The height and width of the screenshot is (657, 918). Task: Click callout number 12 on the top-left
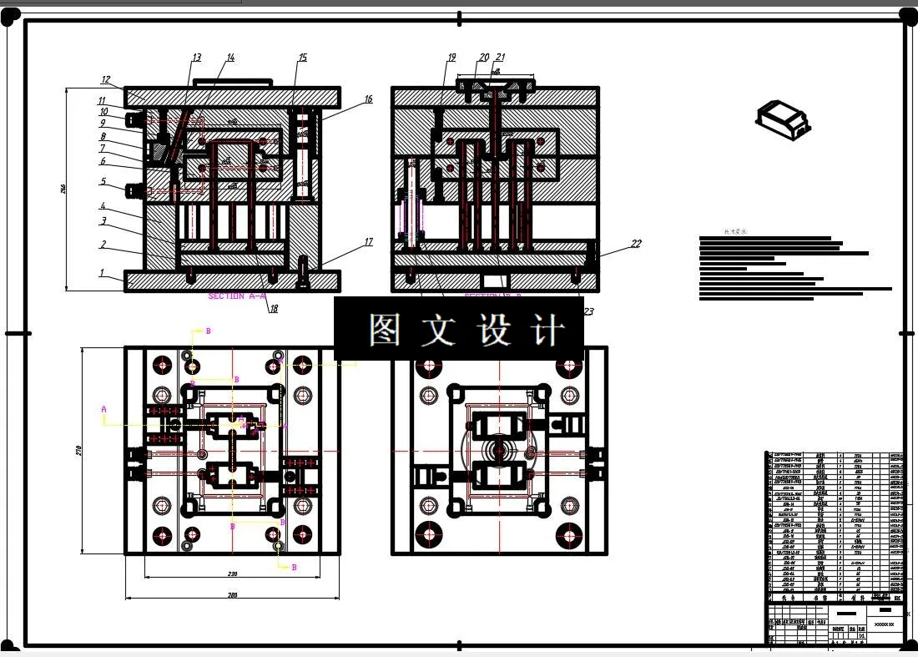[106, 80]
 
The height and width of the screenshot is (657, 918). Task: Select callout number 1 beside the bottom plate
[102, 273]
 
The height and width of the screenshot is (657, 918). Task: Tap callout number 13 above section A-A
[196, 58]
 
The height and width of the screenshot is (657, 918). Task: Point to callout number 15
[302, 58]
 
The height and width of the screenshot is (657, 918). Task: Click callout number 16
[368, 99]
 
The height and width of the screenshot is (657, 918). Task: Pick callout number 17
[368, 243]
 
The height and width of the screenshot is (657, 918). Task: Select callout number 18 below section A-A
[273, 309]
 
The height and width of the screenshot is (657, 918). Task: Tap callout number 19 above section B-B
[451, 58]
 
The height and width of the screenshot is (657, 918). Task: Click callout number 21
[501, 58]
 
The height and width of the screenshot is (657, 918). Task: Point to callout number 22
[636, 244]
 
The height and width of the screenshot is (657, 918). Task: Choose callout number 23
[588, 311]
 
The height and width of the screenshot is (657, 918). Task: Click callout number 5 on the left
[103, 181]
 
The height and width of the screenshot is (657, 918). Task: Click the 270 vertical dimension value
[78, 450]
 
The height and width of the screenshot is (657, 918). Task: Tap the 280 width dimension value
[233, 595]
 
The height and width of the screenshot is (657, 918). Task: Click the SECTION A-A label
[237, 296]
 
